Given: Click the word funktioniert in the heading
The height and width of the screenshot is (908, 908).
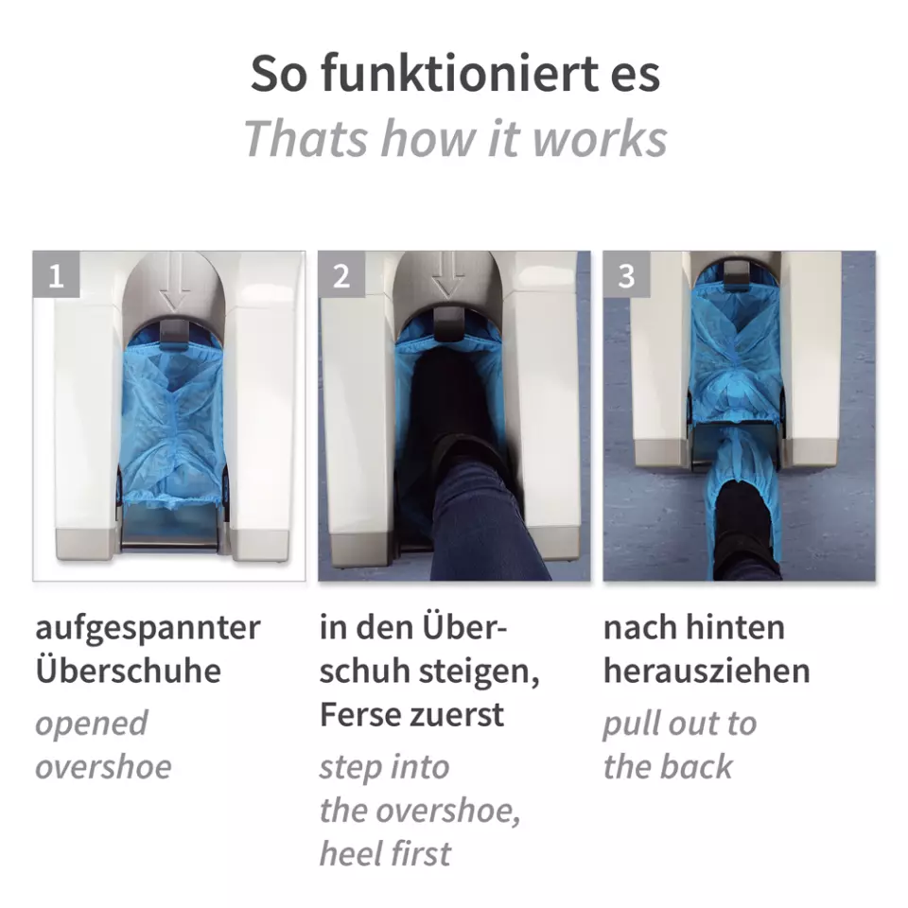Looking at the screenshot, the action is coord(460,73).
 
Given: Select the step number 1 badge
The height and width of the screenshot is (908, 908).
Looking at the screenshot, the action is coord(56,275).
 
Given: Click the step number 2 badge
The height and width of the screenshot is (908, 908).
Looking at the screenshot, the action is coord(341,275).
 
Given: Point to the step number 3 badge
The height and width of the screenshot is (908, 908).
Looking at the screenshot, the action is coord(626,275).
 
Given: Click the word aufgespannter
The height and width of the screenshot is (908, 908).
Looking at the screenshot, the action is coord(148,629).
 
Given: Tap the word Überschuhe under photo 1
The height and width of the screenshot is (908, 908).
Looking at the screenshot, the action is coord(129,670).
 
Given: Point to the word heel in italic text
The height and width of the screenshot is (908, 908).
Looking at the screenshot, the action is coord(350,853).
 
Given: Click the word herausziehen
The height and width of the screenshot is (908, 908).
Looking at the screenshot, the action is coord(707,672).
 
